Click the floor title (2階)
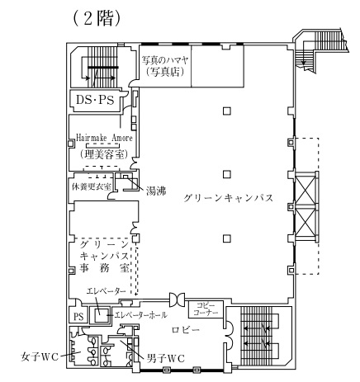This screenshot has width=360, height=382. pos(97,19)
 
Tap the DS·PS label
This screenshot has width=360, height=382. pos(95,100)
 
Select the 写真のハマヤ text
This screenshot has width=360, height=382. pos(165,60)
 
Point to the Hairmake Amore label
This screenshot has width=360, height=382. pos(104,138)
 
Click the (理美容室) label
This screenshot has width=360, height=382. pos(104,155)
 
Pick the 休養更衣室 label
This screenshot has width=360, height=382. pos(92,186)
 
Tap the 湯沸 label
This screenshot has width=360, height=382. pos(156,191)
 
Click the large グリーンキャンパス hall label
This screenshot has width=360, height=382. pos(228,198)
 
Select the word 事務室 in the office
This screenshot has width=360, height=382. pos(104,268)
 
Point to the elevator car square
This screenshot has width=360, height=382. pos(99,314)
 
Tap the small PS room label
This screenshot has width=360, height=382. pos(78,317)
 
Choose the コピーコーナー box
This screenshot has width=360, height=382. pos(206,309)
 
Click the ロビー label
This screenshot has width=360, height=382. pos(186,329)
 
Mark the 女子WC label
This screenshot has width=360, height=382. pos(40,357)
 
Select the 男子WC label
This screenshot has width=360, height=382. pos(166,358)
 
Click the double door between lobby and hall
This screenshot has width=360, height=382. pos(177,299)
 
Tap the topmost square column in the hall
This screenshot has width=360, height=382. pos(227,111)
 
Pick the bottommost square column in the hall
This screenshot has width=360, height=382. pos(227,238)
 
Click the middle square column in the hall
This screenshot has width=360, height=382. pos(227,174)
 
